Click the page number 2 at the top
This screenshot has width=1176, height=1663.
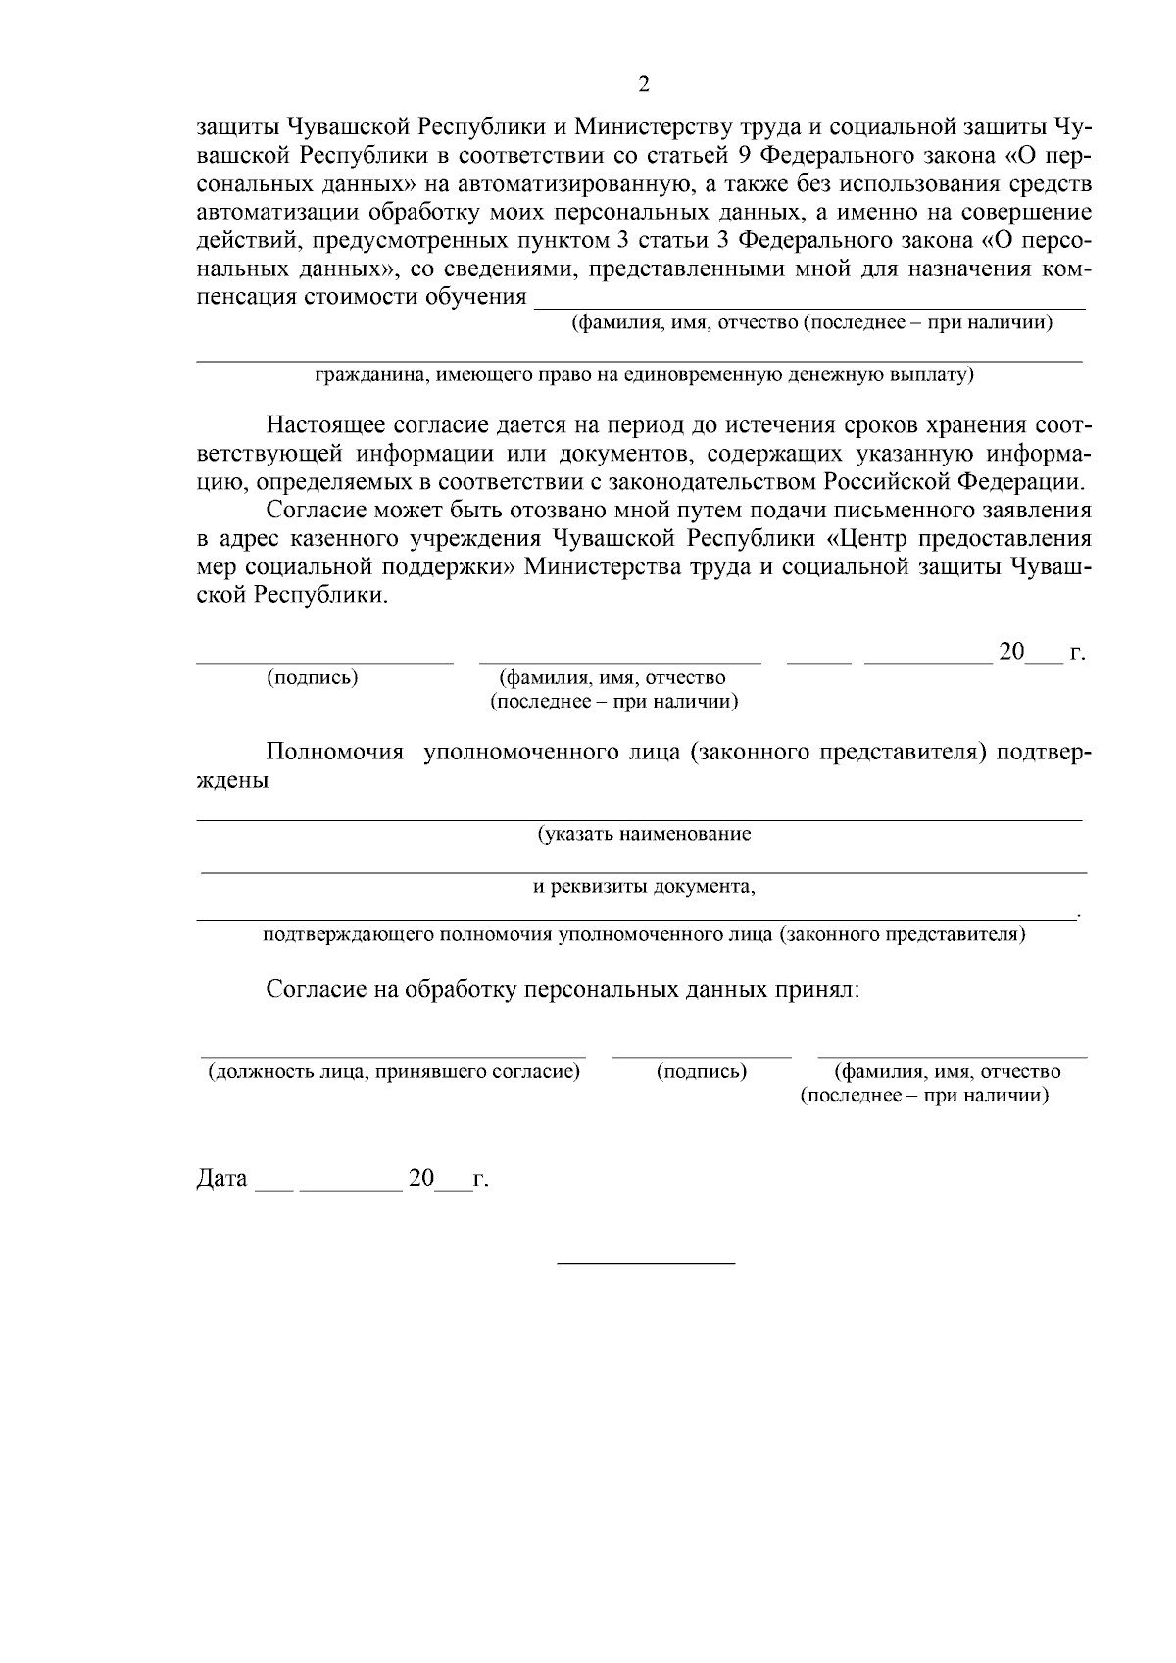[644, 84]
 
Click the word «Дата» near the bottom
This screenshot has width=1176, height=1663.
[222, 1178]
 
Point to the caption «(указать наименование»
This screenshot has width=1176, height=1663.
[644, 834]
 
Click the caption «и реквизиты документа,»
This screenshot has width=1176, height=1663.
[644, 887]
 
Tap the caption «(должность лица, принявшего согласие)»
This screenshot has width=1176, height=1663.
[394, 1072]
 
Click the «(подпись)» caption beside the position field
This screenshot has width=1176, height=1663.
[702, 1072]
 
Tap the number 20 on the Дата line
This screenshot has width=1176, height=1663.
[421, 1178]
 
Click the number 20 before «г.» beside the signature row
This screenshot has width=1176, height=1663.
[1010, 652]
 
